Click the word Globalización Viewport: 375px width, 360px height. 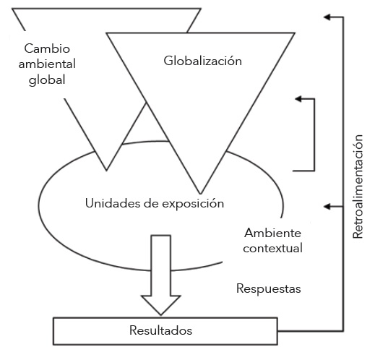click(202, 61)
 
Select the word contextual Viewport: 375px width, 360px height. click(272, 248)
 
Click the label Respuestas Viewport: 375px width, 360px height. click(268, 288)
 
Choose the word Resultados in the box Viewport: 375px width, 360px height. click(160, 330)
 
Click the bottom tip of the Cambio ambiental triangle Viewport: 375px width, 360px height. click(107, 170)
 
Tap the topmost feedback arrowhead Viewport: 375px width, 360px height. click(327, 17)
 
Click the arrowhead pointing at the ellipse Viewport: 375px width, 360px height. click(327, 207)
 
